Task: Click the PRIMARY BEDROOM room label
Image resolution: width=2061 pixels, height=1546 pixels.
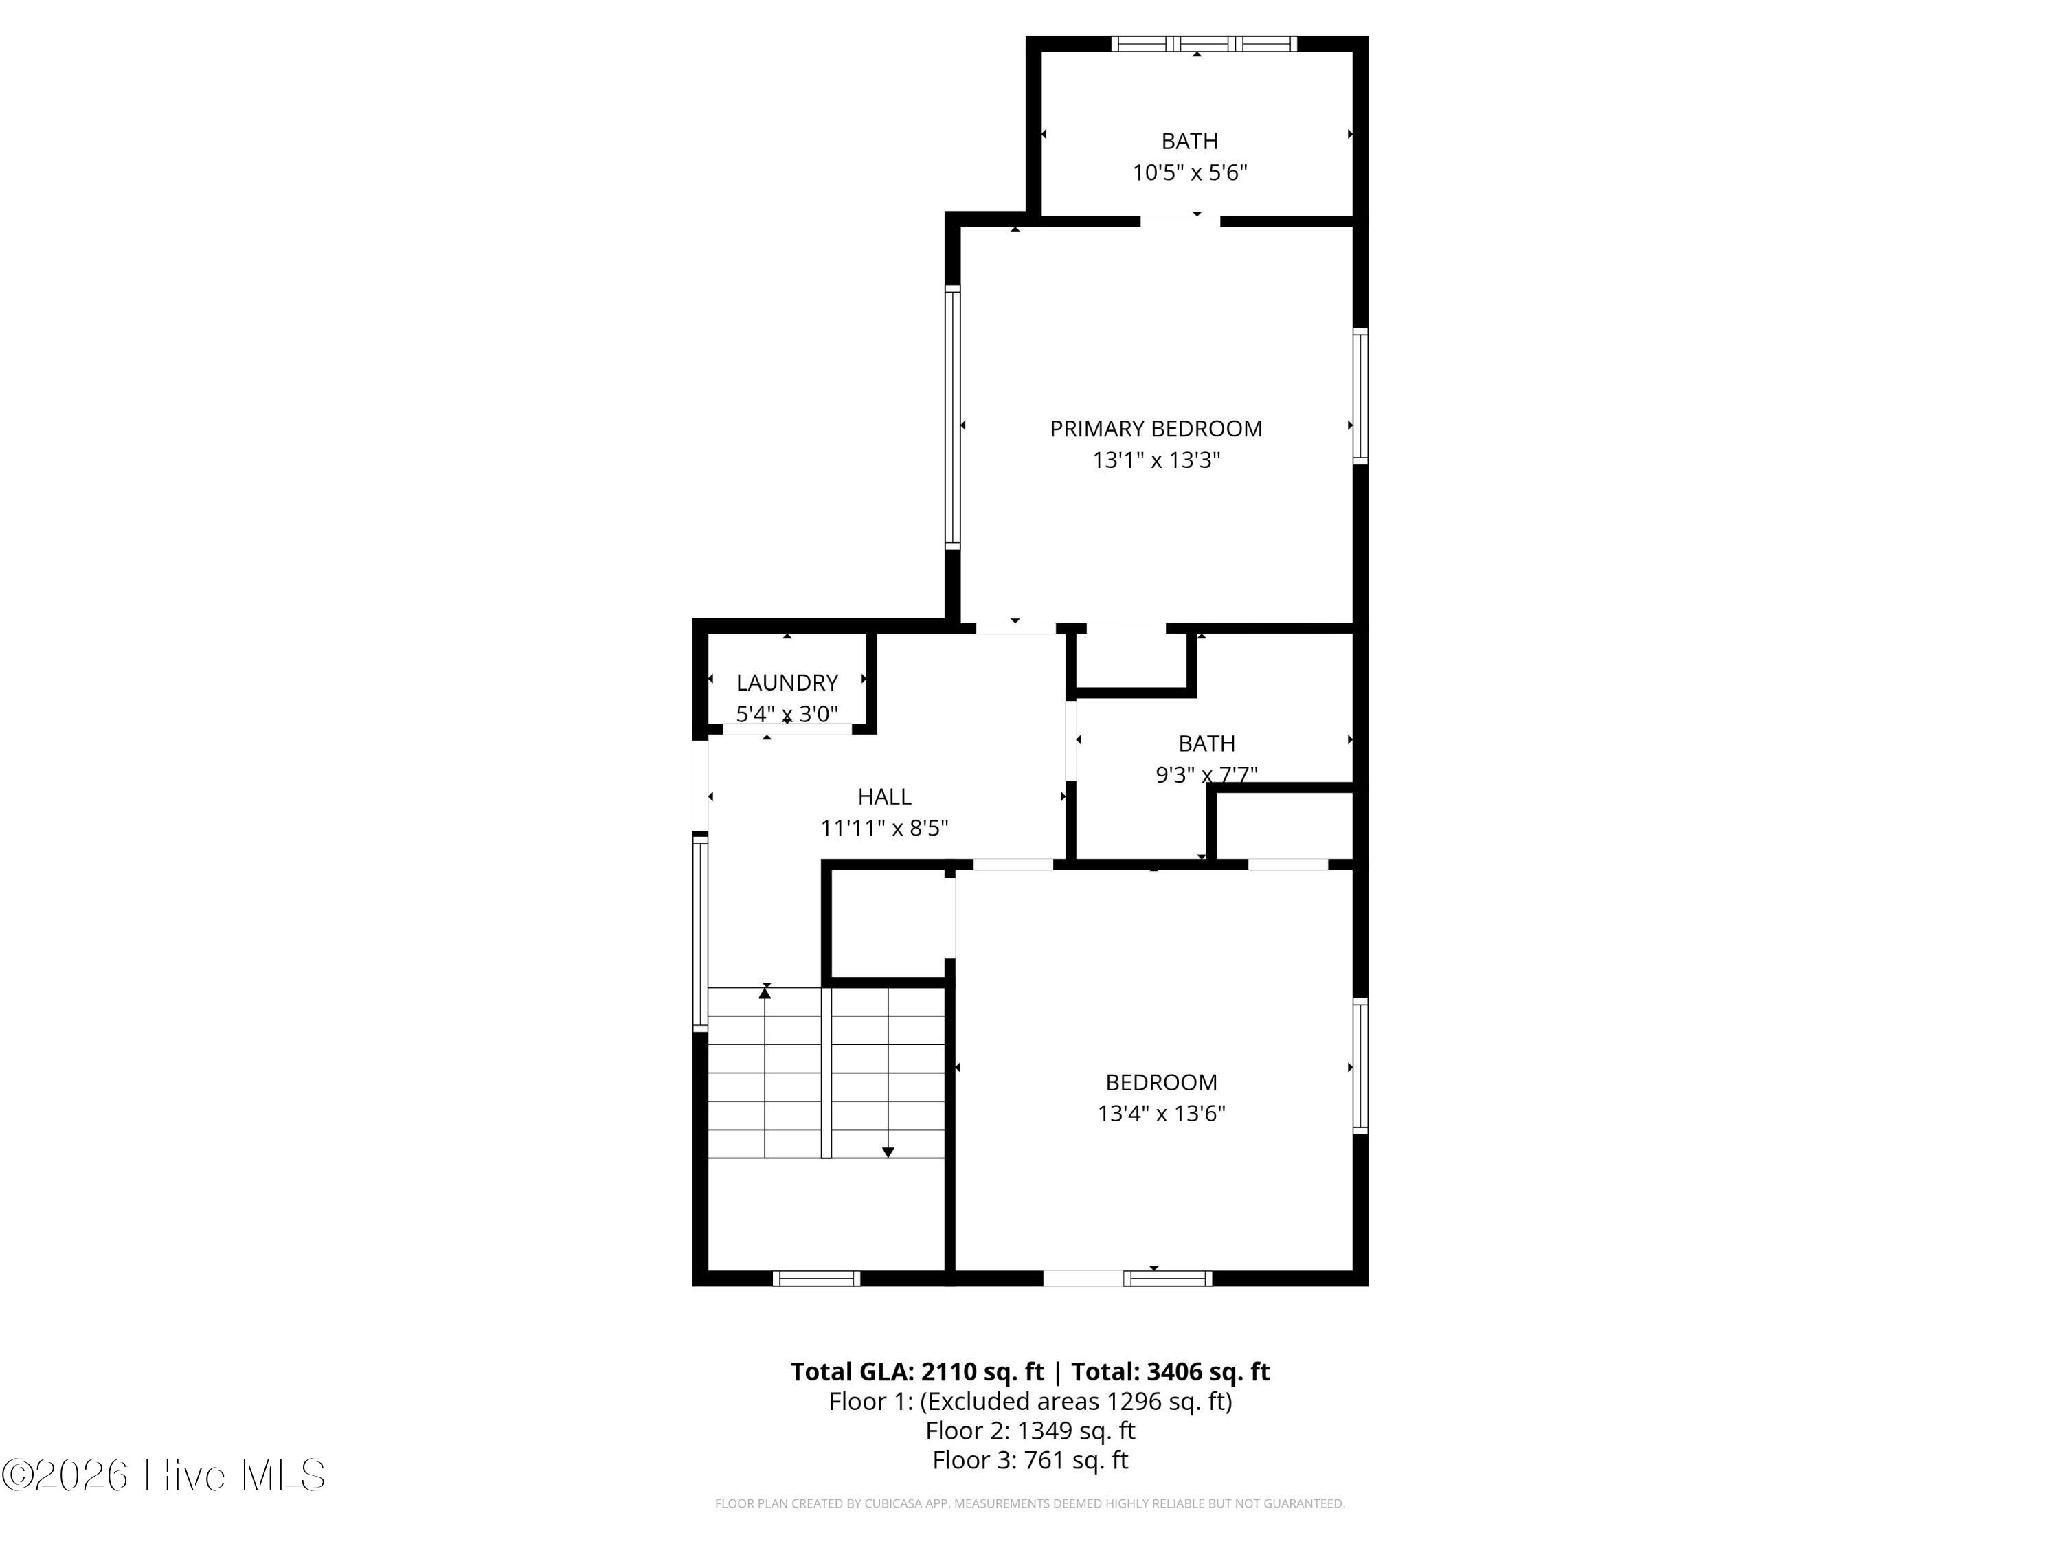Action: [x=1156, y=429]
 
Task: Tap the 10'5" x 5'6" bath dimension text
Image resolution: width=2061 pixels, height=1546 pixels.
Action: [x=1190, y=172]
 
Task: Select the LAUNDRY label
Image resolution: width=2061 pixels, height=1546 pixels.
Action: [x=787, y=682]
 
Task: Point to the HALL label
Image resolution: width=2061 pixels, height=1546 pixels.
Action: [x=884, y=797]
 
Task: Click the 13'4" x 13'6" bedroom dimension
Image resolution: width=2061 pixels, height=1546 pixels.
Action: [x=1161, y=1114]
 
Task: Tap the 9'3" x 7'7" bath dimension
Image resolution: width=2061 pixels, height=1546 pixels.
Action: [x=1206, y=774]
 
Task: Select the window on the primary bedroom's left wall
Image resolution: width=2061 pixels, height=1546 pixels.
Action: [x=952, y=418]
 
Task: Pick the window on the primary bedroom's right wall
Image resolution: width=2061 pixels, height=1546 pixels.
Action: [x=1360, y=396]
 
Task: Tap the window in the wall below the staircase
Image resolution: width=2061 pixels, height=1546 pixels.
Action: [x=816, y=1279]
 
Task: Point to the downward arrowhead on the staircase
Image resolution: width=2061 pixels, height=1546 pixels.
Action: [x=888, y=1153]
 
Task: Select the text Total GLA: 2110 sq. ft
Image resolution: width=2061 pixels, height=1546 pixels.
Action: [x=918, y=1371]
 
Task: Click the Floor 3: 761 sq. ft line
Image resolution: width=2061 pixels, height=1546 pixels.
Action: [x=1030, y=1459]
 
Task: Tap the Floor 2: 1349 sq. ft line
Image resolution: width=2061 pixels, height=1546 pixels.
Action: [x=1030, y=1431]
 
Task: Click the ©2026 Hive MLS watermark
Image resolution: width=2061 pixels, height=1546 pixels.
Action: [x=164, y=1475]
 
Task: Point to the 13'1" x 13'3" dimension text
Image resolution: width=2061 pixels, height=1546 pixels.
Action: [x=1156, y=460]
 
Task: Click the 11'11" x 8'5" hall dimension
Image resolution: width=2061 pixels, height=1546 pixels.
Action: [x=884, y=829]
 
